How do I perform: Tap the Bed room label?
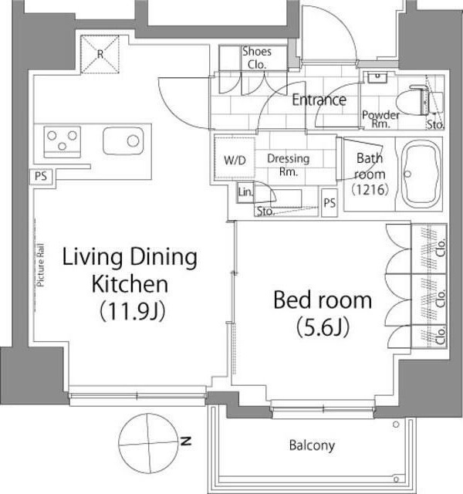323,313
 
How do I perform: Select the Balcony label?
312,445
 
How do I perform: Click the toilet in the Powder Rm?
419,100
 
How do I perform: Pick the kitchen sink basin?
123,140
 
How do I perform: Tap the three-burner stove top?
62,141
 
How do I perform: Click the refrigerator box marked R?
100,54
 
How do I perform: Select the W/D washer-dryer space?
235,158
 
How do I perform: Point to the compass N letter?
186,441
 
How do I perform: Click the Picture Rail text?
40,265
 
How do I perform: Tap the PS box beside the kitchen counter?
41,176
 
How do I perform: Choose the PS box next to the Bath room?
330,203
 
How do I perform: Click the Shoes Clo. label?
257,58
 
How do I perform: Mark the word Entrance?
319,100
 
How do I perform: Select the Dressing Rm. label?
288,164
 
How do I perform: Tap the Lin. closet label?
245,192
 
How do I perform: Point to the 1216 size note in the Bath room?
370,190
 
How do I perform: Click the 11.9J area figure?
132,312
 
